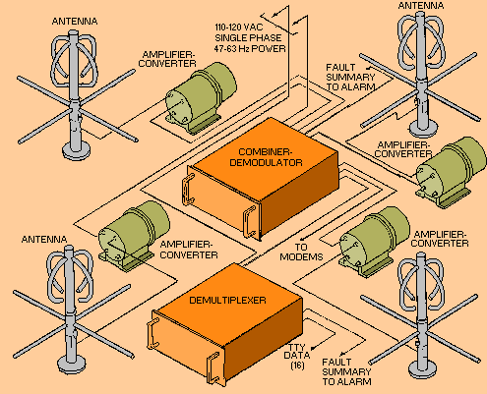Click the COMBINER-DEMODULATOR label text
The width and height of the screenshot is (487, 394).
click(266, 157)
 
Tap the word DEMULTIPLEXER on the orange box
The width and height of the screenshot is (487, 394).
click(227, 301)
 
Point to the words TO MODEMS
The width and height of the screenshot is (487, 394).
click(301, 253)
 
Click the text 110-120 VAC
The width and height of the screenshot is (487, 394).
click(239, 28)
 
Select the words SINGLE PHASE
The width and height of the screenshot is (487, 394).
click(248, 38)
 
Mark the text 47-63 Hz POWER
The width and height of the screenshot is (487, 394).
click(250, 49)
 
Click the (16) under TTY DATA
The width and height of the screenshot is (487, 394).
click(297, 366)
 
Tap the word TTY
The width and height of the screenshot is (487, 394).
click(296, 347)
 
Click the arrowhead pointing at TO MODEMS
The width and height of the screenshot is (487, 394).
click(303, 237)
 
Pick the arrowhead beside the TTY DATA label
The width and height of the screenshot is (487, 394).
click(313, 348)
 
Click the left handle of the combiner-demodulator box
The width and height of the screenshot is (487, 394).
click(188, 190)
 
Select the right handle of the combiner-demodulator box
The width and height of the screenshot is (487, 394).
click(249, 221)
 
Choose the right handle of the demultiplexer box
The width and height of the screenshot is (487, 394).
click(213, 367)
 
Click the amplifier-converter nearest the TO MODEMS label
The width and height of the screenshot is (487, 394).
click(374, 242)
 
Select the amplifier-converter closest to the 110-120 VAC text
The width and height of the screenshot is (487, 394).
click(200, 97)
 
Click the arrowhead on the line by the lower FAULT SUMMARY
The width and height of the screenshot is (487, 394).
click(343, 354)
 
